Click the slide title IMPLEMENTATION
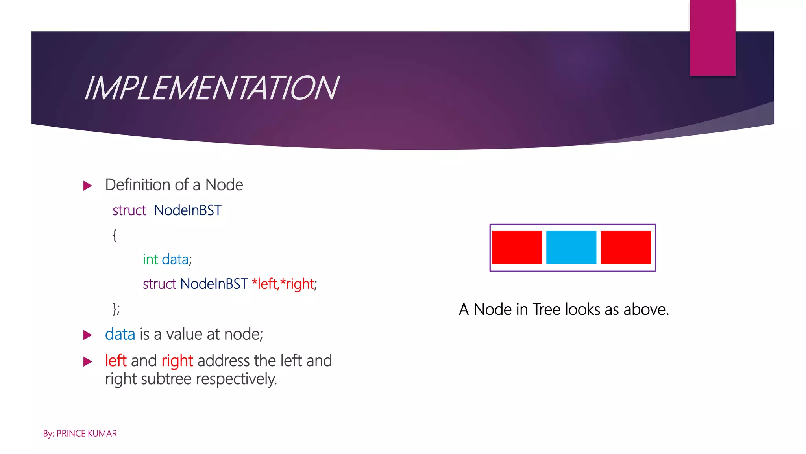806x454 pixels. pos(211,88)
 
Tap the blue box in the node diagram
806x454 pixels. pos(571,247)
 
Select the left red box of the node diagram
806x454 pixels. pos(517,247)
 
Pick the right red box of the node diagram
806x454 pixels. pos(625,247)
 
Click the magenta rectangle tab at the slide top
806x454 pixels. pos(712,37)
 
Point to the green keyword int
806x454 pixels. pos(150,259)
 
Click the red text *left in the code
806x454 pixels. pos(264,284)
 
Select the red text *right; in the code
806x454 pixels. pos(298,284)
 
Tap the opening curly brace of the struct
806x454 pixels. pos(115,235)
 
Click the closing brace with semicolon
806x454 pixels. pos(116,309)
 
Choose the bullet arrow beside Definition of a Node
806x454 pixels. pos(88,186)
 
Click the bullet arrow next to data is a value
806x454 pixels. pos(88,335)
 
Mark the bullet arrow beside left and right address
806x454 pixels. pos(88,361)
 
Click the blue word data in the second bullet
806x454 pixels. pos(120,334)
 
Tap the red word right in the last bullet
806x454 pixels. pos(177,361)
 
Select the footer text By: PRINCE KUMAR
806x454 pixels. pos(80,434)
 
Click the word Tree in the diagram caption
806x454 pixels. pos(547,309)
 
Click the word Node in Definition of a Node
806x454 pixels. pos(224,185)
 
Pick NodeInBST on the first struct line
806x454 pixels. pos(188,210)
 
